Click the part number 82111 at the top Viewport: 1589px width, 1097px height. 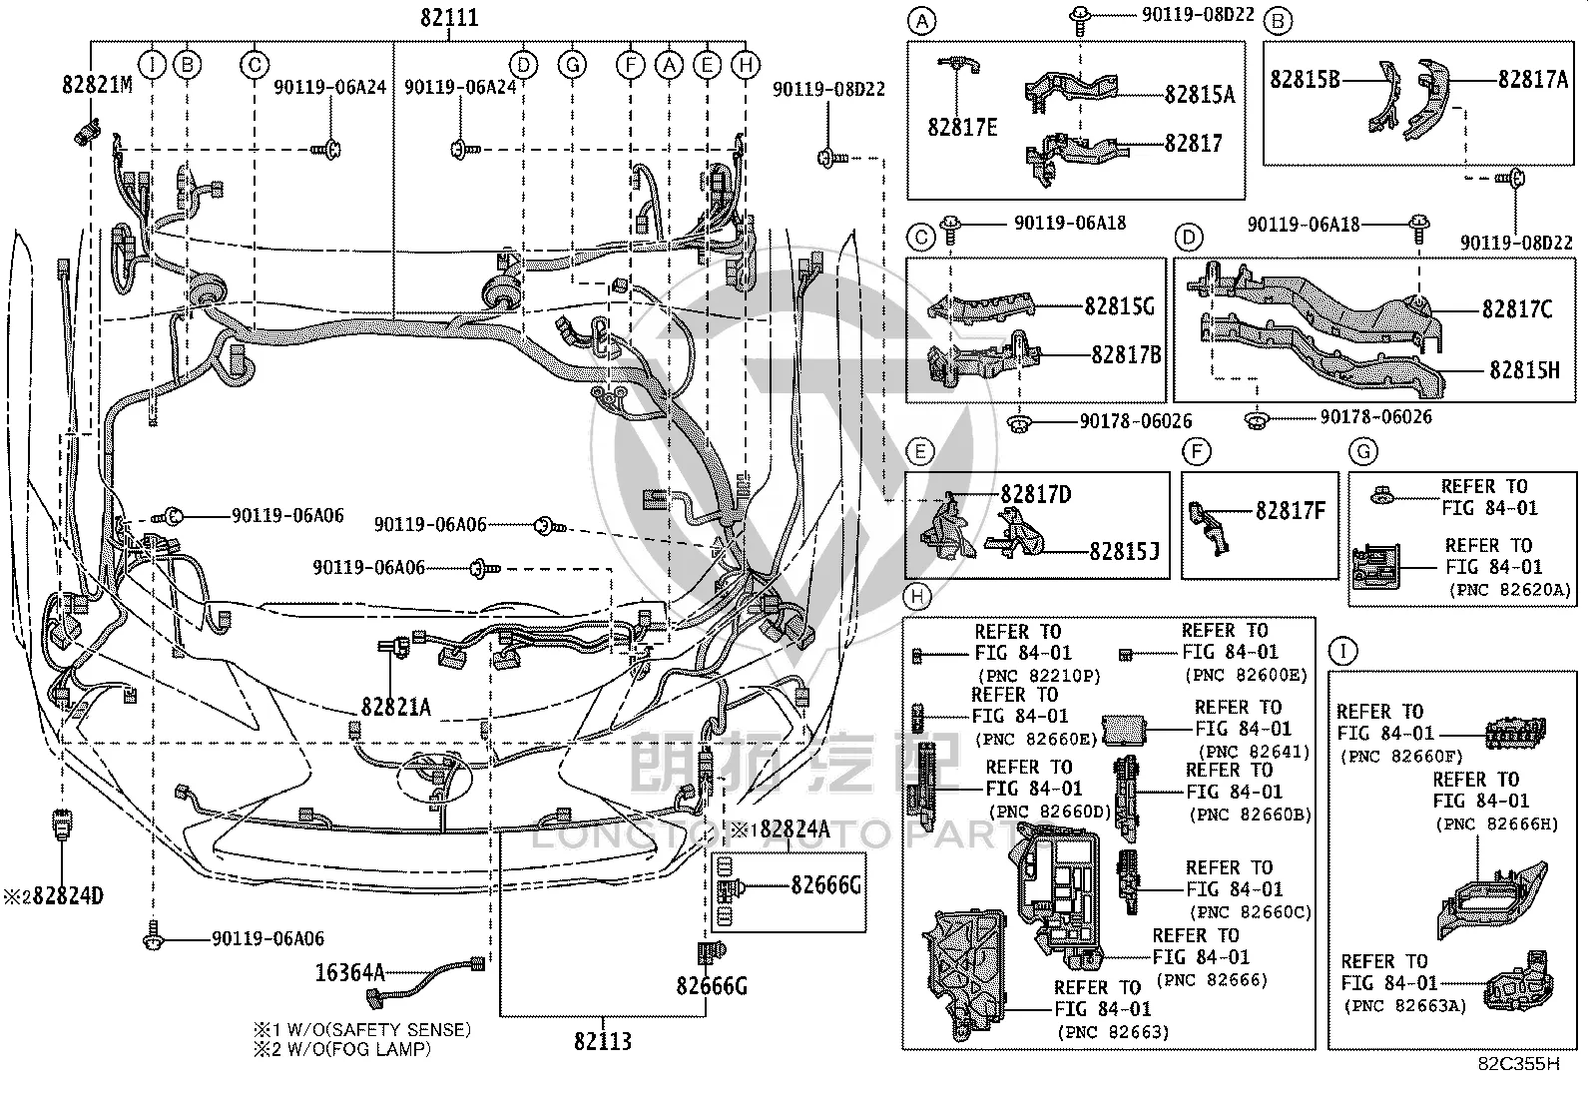pos(449,17)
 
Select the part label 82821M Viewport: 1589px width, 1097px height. pos(97,85)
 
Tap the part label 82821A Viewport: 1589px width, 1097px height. pos(396,707)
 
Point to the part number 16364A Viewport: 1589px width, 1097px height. pos(349,972)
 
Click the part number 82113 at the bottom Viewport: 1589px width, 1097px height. pos(602,1041)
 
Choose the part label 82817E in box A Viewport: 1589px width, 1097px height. pos(962,127)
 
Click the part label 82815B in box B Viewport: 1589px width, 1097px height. pos(1305,80)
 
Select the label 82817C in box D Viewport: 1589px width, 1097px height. pos(1517,309)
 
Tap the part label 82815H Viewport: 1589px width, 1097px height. pos(1524,369)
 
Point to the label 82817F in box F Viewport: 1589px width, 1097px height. pos(1291,510)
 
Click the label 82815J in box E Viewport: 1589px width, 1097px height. pos(1124,551)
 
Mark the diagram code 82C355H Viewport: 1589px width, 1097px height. pos(1519,1063)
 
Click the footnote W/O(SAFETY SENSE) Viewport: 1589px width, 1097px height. pos(379,1029)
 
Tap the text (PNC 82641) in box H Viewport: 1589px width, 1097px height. pos(1254,751)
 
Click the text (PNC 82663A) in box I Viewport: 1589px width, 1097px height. pos(1404,1005)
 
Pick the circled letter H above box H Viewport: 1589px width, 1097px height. pos(917,596)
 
